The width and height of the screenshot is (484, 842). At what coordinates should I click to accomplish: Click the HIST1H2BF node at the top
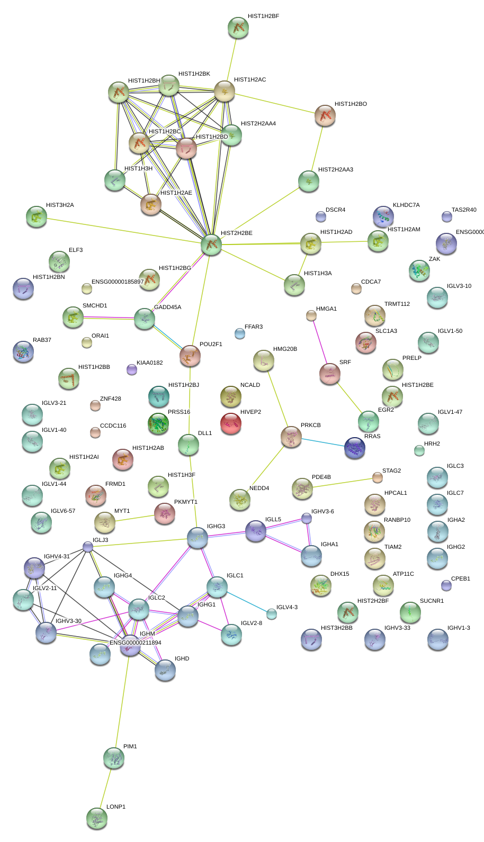click(x=238, y=28)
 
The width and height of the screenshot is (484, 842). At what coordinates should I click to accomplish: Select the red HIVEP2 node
click(x=230, y=423)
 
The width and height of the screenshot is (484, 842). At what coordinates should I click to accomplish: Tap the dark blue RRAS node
click(x=354, y=447)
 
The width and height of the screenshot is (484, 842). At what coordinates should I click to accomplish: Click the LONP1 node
click(x=96, y=818)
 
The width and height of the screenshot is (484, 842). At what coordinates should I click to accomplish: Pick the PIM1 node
click(x=113, y=758)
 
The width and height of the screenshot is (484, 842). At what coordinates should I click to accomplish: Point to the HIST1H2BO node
click(x=325, y=115)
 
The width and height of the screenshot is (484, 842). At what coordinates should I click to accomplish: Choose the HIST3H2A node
click(x=36, y=216)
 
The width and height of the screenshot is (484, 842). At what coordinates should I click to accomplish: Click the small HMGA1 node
click(x=311, y=315)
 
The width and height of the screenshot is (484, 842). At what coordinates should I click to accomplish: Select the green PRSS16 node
click(x=158, y=423)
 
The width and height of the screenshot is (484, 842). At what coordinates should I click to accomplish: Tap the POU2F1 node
click(x=190, y=356)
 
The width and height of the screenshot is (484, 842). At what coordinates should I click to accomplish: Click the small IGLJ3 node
click(x=88, y=547)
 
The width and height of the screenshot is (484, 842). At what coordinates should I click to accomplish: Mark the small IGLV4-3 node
click(x=272, y=613)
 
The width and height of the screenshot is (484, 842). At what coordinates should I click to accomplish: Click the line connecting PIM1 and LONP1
click(x=105, y=788)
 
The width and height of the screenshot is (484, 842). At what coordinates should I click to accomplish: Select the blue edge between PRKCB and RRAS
click(x=322, y=442)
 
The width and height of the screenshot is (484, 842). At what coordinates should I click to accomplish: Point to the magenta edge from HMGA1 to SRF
click(x=320, y=343)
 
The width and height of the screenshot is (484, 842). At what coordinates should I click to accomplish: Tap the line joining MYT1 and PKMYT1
click(x=135, y=518)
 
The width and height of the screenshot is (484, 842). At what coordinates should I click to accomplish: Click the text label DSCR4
click(x=335, y=210)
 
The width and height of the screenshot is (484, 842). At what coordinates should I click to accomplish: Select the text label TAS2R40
click(x=463, y=210)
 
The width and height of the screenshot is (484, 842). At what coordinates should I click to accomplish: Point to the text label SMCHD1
click(x=95, y=306)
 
